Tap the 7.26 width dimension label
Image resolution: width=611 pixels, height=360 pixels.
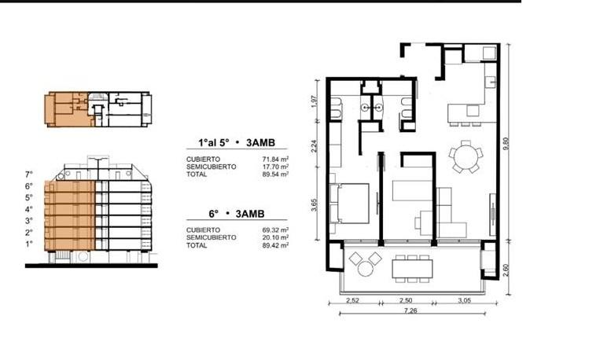[410, 310]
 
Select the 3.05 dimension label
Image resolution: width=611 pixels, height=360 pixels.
[465, 300]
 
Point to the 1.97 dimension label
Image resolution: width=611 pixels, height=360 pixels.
[315, 101]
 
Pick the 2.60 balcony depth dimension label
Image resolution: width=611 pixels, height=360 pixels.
[506, 270]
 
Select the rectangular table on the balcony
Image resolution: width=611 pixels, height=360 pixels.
[412, 269]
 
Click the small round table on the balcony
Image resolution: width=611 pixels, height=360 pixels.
[366, 269]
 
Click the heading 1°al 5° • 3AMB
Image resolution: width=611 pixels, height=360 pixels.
[237, 142]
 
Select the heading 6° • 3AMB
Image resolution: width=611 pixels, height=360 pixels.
[237, 214]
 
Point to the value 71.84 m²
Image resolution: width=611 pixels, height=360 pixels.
[275, 159]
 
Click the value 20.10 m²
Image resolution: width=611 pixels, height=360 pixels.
[275, 237]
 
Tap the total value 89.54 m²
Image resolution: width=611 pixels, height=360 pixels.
[275, 174]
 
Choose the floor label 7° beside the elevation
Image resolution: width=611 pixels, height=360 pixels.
[29, 174]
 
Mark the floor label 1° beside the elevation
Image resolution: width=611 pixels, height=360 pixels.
[29, 244]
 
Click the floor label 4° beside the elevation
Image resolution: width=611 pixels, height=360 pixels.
[29, 209]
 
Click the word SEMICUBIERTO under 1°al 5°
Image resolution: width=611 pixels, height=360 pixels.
[212, 167]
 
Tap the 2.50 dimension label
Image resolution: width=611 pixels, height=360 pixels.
[406, 300]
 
